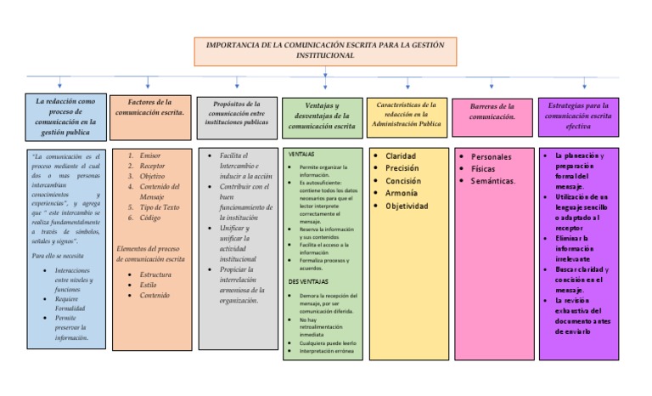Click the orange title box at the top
[x=325, y=50]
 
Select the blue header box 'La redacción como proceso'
[x=66, y=116]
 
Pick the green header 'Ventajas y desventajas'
[x=322, y=116]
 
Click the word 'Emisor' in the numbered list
[x=150, y=156]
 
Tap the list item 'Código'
[x=150, y=218]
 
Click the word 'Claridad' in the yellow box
[x=401, y=156]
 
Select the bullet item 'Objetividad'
[x=407, y=206]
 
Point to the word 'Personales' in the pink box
[x=492, y=157]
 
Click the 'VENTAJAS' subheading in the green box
[x=301, y=154]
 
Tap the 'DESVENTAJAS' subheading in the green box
[x=307, y=281]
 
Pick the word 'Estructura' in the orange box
[x=155, y=274]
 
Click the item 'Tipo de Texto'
[x=160, y=207]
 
